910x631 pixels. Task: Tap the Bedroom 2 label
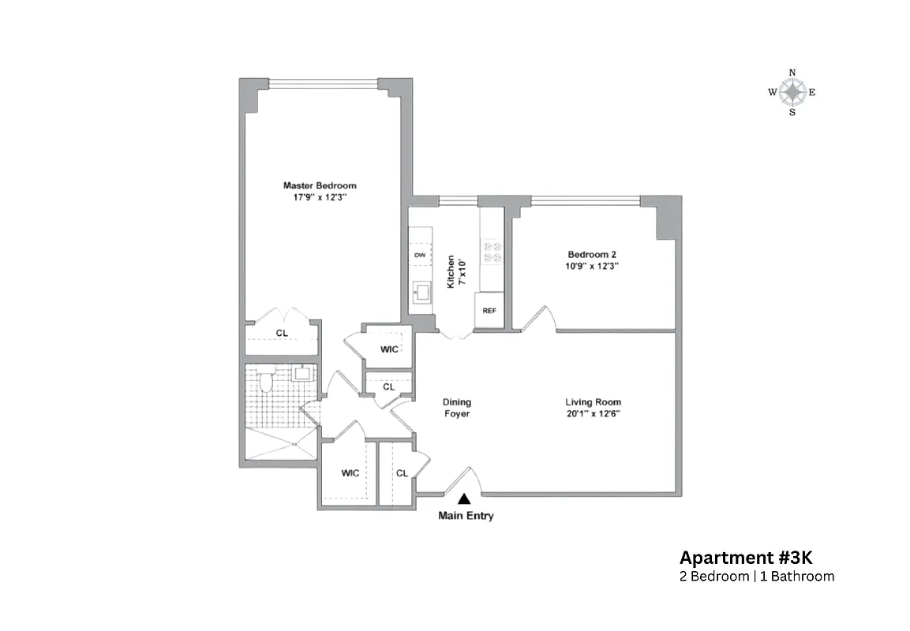[x=592, y=254]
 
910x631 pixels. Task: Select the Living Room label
[x=593, y=402]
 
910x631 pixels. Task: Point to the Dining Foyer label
[x=456, y=407]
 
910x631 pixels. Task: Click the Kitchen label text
[x=451, y=271]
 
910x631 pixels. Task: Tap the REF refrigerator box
[x=489, y=310]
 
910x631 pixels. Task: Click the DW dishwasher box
[x=420, y=256]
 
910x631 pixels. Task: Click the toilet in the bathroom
[x=267, y=383]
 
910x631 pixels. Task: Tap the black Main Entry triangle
[x=464, y=498]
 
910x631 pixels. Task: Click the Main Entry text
[x=466, y=517]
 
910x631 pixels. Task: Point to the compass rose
[x=792, y=92]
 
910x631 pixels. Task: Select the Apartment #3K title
[x=734, y=558]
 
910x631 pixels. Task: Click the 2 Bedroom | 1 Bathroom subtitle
[x=756, y=577]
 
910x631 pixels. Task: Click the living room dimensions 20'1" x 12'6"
[x=593, y=413]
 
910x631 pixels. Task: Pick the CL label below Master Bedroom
[x=282, y=334]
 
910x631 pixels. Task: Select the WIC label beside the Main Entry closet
[x=350, y=473]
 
